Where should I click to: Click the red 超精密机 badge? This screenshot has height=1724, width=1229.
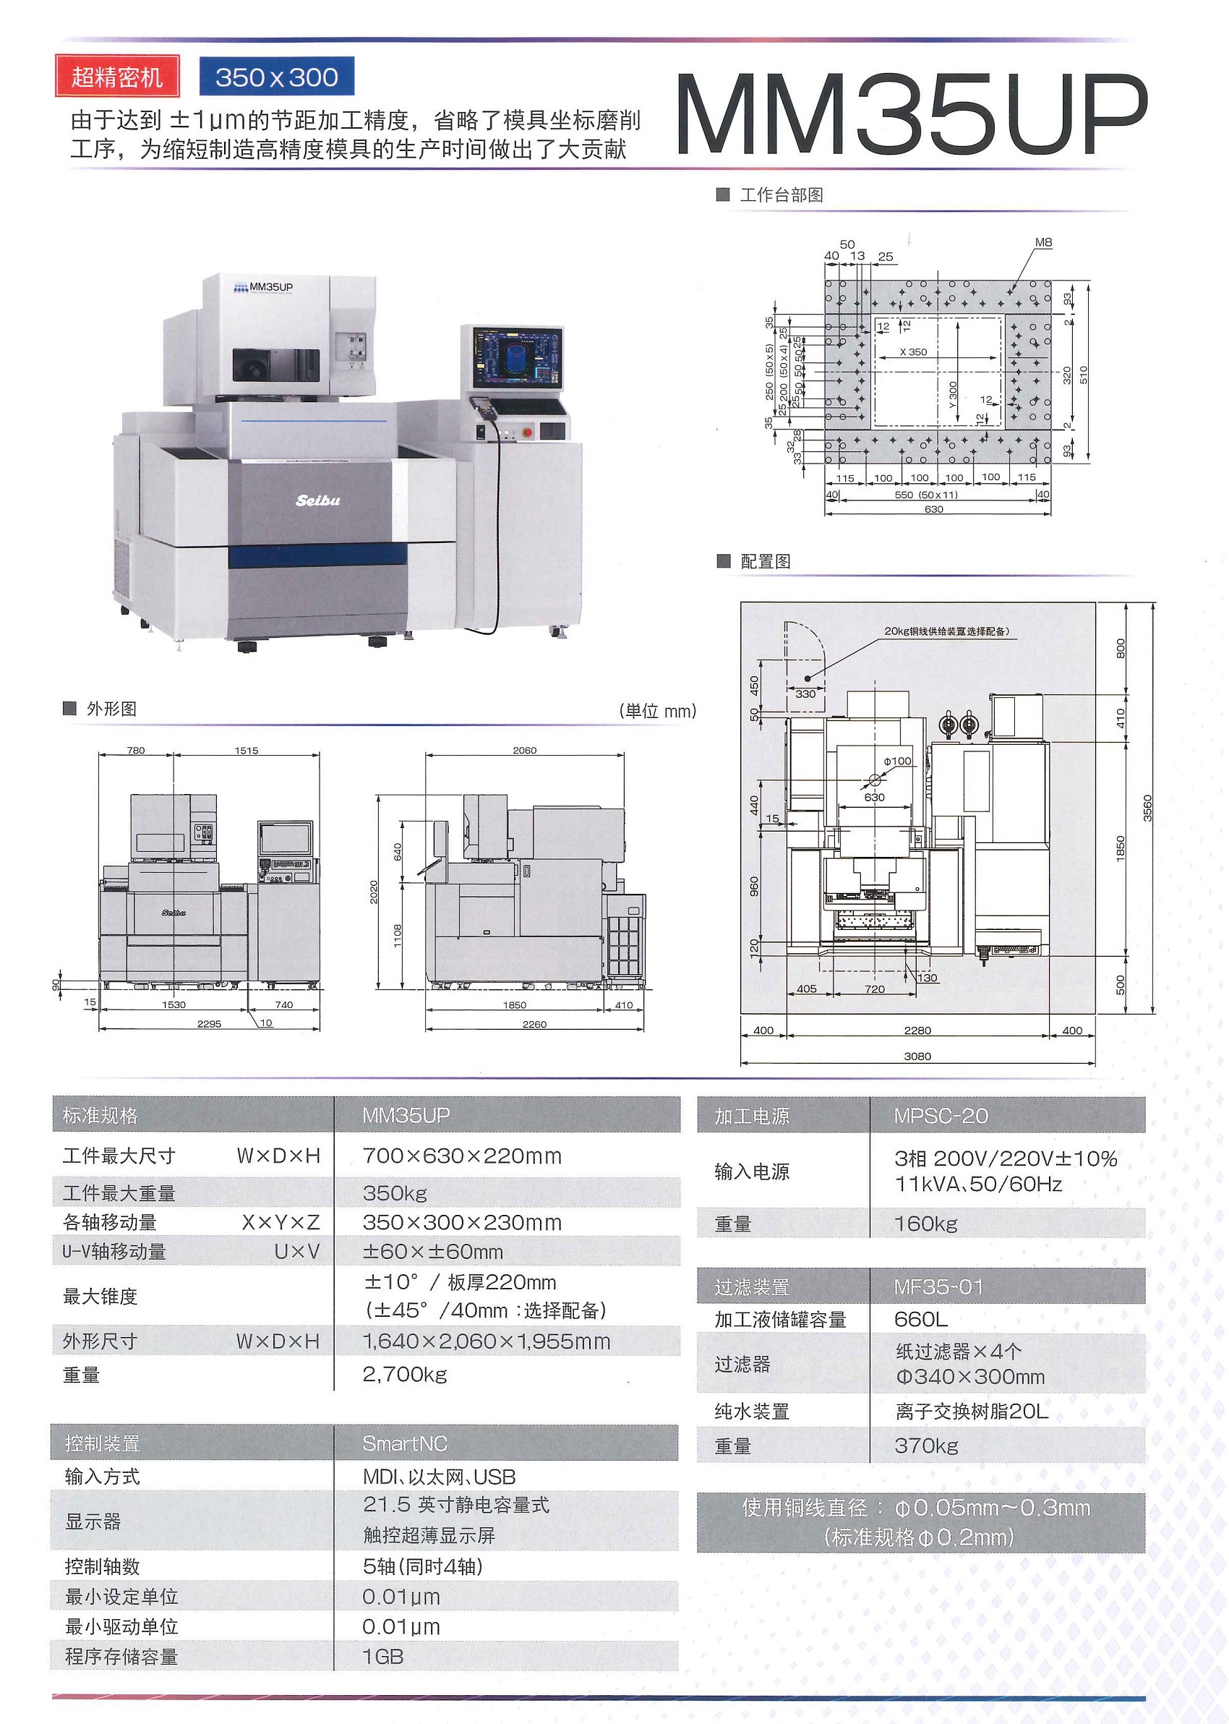pos(117,77)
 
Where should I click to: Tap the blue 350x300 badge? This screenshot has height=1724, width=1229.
pos(276,77)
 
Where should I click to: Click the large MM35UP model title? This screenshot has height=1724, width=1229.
pos(911,115)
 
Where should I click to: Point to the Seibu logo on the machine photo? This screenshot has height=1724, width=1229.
pos(318,500)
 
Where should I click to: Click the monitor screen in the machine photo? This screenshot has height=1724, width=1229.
pos(518,358)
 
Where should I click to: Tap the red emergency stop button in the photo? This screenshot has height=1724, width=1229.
pos(527,432)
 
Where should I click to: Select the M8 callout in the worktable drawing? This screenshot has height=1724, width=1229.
pos(1042,242)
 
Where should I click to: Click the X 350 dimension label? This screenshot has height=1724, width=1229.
pos(912,352)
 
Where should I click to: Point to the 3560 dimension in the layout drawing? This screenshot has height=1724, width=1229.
pos(1147,808)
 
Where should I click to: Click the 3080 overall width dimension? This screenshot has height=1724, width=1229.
pos(917,1056)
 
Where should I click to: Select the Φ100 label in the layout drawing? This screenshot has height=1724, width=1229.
pos(898,761)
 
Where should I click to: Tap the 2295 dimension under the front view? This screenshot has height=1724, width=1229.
pos(209,1024)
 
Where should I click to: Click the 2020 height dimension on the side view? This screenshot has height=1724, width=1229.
pos(374,892)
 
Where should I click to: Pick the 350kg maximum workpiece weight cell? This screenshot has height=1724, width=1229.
pos(395,1193)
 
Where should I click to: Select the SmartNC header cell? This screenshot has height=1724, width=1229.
pos(405,1443)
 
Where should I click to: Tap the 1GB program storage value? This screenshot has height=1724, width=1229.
pos(383,1657)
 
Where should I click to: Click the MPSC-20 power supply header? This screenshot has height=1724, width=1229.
pos(941,1116)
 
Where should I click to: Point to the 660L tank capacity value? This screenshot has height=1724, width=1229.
pos(920,1319)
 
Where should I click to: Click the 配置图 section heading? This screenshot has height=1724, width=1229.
pos(765,560)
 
